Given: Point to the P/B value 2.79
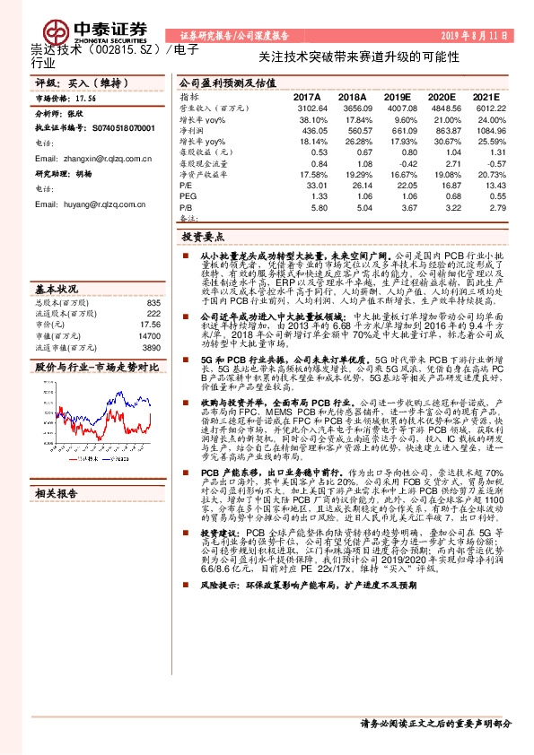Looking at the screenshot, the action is click(x=482, y=208).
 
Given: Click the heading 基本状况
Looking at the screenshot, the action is click(x=56, y=290).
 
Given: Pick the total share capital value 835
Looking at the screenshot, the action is click(x=153, y=303).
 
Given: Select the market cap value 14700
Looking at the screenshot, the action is click(x=149, y=335).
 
